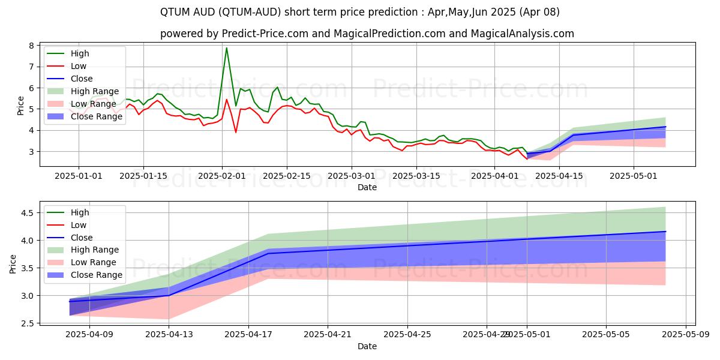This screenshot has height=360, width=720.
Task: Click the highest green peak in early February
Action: [x=226, y=48]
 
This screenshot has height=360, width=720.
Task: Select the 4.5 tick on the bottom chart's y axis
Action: [x=26, y=213]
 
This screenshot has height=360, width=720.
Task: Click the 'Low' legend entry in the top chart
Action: [x=79, y=66]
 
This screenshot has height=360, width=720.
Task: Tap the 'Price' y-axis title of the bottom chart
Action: [x=13, y=263]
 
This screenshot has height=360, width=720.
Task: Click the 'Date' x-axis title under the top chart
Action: [x=367, y=187]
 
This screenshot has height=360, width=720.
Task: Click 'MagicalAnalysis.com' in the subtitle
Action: [x=523, y=34]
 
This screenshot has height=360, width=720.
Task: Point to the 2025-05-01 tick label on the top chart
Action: [x=634, y=176]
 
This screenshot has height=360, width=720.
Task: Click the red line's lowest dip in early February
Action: [x=236, y=132]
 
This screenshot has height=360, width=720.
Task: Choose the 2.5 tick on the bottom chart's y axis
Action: [x=26, y=323]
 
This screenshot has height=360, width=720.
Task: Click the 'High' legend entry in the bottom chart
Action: [x=80, y=212]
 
